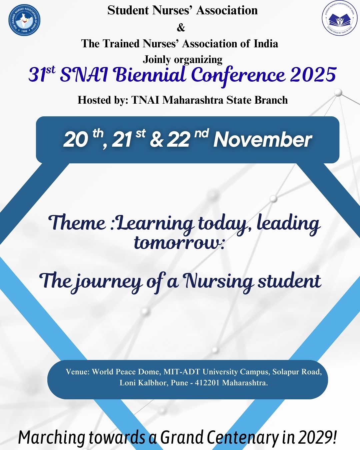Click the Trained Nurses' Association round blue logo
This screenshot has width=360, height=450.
(x=24, y=20)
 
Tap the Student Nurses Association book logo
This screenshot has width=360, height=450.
(x=340, y=20)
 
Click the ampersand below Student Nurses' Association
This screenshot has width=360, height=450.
(x=181, y=28)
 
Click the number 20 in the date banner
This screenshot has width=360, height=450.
(x=75, y=140)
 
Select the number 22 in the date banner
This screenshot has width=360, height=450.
(x=178, y=140)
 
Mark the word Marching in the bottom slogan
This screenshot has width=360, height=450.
(x=52, y=438)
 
